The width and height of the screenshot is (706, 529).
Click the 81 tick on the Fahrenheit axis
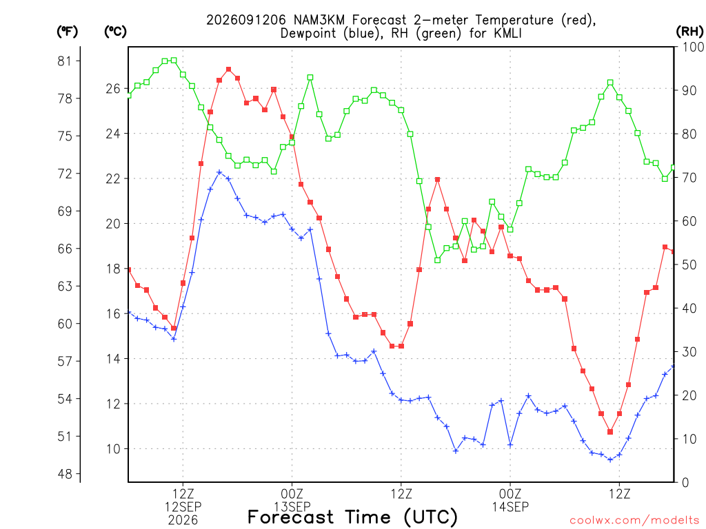tap(65, 61)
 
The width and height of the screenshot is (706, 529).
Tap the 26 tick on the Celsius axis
tap(113, 89)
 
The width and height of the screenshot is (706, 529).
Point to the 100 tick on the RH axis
tap(693, 47)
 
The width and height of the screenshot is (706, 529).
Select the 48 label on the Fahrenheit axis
tap(65, 474)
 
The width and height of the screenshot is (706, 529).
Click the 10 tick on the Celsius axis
tap(113, 449)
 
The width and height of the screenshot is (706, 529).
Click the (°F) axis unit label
tap(67, 32)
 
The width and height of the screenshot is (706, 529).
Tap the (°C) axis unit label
tap(115, 32)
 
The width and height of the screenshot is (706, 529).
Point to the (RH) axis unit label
tap(689, 32)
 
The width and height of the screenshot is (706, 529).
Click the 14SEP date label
tap(510, 507)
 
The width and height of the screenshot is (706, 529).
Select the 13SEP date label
tap(292, 507)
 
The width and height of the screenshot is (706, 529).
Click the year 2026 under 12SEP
tap(183, 521)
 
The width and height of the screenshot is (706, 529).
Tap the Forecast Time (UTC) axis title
tap(352, 517)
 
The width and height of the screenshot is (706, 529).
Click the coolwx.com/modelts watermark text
tap(634, 521)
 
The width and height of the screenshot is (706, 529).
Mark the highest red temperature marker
tap(228, 70)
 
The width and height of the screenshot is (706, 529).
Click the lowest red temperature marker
tap(610, 432)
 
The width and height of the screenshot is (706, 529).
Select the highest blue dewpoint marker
tap(219, 172)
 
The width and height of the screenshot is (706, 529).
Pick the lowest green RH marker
tap(437, 260)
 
